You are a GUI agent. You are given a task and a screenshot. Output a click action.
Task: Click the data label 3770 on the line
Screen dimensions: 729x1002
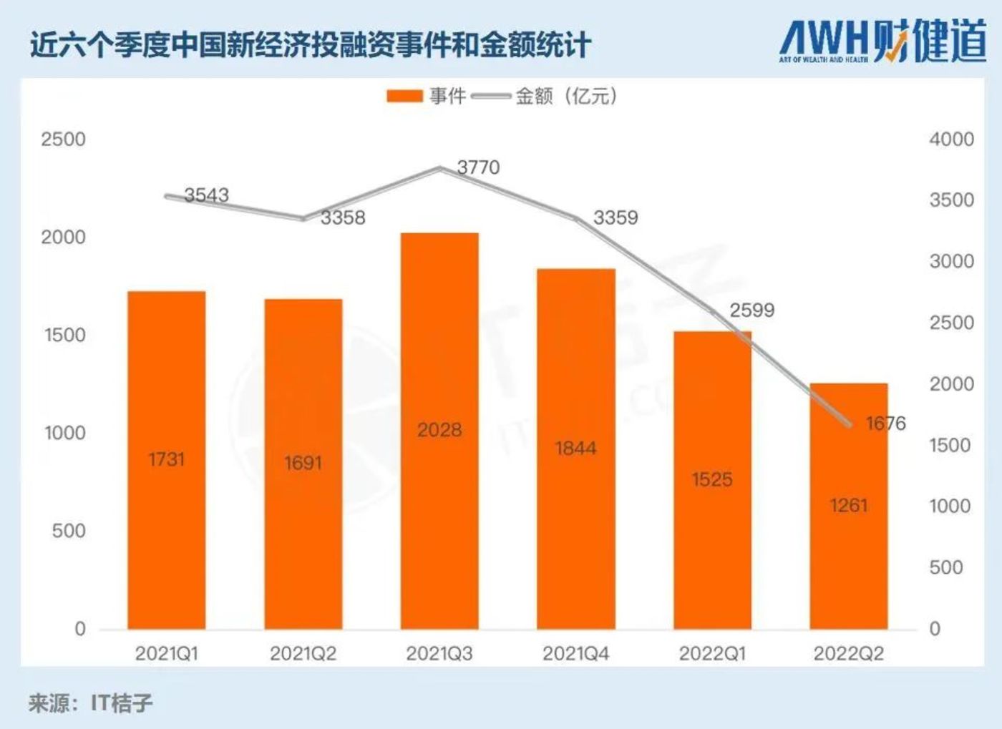pyautogui.click(x=478, y=167)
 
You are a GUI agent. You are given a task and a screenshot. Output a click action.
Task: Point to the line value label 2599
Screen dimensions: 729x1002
pyautogui.click(x=751, y=310)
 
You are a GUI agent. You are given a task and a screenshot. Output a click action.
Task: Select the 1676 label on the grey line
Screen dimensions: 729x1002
pyautogui.click(x=885, y=424)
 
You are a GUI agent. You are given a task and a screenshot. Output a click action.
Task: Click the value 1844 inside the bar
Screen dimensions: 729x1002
pyautogui.click(x=575, y=449)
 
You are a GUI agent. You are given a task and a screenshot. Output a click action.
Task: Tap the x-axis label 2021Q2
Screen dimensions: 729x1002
pyautogui.click(x=303, y=653)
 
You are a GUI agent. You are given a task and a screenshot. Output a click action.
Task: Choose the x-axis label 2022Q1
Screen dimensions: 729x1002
pyautogui.click(x=712, y=653)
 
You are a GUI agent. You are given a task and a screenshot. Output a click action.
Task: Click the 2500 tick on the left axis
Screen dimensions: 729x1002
pyautogui.click(x=63, y=139)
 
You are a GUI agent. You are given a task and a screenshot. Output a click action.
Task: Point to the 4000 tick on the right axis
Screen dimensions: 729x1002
pyautogui.click(x=951, y=139)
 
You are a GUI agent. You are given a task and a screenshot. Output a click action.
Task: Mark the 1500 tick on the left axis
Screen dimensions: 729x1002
pyautogui.click(x=64, y=335)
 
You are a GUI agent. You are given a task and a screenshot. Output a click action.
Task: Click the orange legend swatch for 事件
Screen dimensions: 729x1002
pyautogui.click(x=404, y=96)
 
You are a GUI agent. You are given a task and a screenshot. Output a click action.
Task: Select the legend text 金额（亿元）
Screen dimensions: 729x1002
pyautogui.click(x=565, y=96)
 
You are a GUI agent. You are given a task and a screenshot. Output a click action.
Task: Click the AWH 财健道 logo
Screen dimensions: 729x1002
pyautogui.click(x=882, y=41)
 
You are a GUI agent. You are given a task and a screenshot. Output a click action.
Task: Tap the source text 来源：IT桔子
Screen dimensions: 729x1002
pyautogui.click(x=91, y=703)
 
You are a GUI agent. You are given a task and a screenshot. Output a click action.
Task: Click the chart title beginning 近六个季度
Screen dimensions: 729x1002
pyautogui.click(x=310, y=45)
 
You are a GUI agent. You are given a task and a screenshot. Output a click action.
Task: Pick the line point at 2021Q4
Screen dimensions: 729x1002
pyautogui.click(x=576, y=218)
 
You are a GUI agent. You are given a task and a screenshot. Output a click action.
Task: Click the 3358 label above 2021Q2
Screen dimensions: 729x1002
pyautogui.click(x=342, y=217)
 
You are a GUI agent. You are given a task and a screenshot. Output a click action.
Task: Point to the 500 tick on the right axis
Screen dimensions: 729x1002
pyautogui.click(x=945, y=567)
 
